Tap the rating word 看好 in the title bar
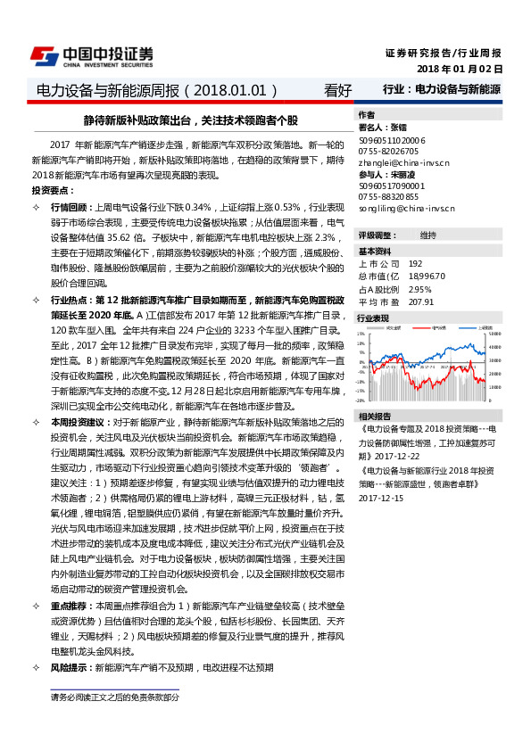coord(338,90)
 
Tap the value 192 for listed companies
coord(415,264)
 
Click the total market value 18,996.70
coord(426,276)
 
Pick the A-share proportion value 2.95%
coord(419,289)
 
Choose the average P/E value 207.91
coord(420,301)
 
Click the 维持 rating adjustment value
coord(428,235)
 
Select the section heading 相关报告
coord(374,417)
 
